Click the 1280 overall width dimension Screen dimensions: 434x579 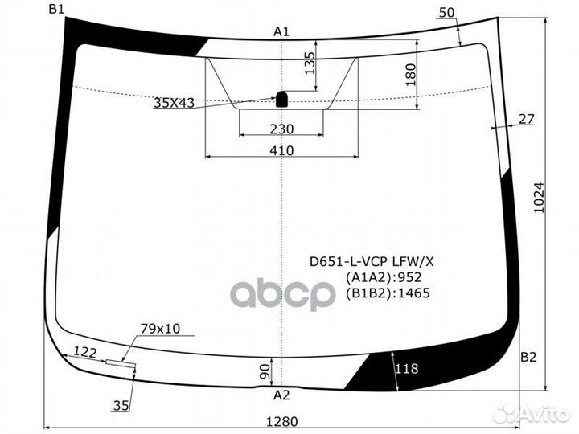pyautogui.click(x=281, y=421)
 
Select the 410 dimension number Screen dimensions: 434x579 pyautogui.click(x=281, y=150)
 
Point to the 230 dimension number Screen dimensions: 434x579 pyautogui.click(x=281, y=129)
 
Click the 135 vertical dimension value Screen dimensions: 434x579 pyautogui.click(x=310, y=63)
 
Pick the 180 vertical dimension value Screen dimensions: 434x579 pyautogui.click(x=410, y=75)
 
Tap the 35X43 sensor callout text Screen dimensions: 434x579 pyautogui.click(x=175, y=102)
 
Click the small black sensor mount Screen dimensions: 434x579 pyautogui.click(x=283, y=100)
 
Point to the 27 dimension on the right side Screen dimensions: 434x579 pyautogui.click(x=526, y=119)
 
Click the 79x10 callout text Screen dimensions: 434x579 pyautogui.click(x=161, y=328)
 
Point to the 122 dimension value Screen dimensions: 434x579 pyautogui.click(x=84, y=351)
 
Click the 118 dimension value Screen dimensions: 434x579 pyautogui.click(x=408, y=369)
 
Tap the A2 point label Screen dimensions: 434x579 pyautogui.click(x=281, y=395)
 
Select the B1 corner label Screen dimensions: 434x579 pyautogui.click(x=56, y=9)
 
